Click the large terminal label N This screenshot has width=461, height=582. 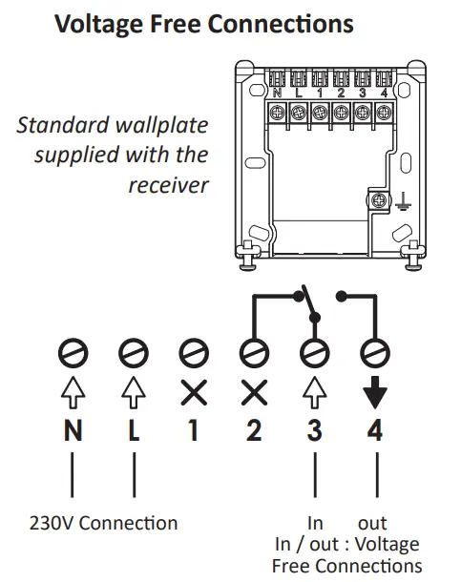pyautogui.click(x=73, y=430)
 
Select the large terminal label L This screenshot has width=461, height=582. pyautogui.click(x=134, y=430)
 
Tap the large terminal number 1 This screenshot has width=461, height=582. pyautogui.click(x=193, y=430)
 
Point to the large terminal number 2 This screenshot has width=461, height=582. pyautogui.click(x=253, y=430)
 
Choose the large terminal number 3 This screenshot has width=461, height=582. pyautogui.click(x=314, y=430)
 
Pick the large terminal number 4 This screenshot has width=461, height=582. pyautogui.click(x=375, y=430)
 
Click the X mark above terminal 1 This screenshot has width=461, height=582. pyautogui.click(x=193, y=391)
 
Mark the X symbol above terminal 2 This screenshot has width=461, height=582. pyautogui.click(x=253, y=391)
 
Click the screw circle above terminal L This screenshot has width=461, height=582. pyautogui.click(x=134, y=354)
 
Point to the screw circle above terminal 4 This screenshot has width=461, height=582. pyautogui.click(x=375, y=354)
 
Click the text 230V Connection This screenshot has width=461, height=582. pyautogui.click(x=101, y=523)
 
